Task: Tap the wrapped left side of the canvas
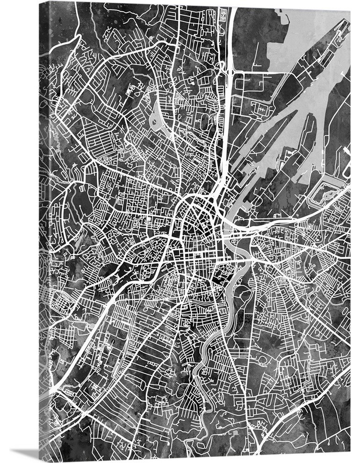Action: pos(45,234)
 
